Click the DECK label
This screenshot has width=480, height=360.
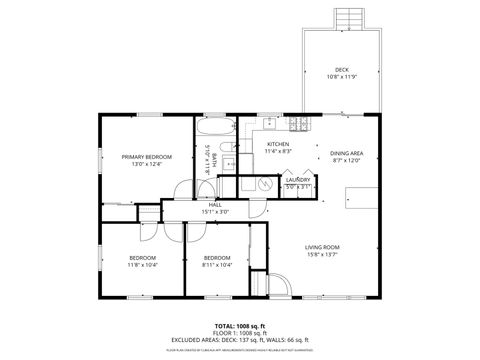342,69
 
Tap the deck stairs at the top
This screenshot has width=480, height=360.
347,18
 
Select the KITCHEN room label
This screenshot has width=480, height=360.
278,144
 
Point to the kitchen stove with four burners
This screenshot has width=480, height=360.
297,124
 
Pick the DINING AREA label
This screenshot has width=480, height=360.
346,153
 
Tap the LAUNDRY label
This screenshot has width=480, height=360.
298,179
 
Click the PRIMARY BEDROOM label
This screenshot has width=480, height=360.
147,157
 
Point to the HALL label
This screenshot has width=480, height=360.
214,204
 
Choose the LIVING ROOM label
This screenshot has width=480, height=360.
322,246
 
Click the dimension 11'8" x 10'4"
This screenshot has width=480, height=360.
141,264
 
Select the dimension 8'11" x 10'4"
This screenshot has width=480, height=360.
217,264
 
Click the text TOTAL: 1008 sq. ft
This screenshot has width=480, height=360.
239,326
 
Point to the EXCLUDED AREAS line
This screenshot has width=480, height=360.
239,339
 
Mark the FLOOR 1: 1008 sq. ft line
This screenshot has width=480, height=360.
239,333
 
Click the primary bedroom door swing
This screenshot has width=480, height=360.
180,192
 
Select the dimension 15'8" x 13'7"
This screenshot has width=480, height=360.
322,253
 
